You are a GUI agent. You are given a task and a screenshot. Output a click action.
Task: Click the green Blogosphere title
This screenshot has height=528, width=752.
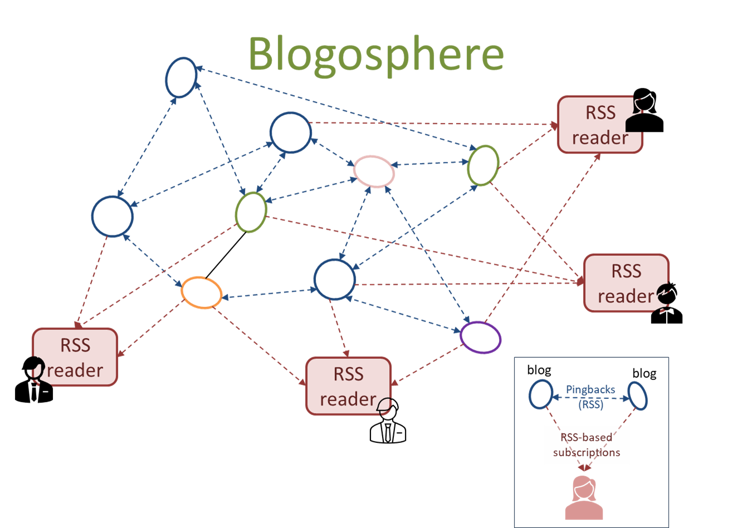click(x=376, y=55)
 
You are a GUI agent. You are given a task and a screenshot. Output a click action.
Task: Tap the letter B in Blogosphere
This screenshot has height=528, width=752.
click(x=263, y=55)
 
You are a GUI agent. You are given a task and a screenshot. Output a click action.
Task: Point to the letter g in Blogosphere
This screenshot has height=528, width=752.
click(x=323, y=58)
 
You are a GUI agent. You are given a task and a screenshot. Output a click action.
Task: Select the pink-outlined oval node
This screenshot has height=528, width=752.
click(x=374, y=171)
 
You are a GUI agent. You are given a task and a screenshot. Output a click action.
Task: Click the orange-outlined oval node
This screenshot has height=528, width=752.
click(x=202, y=293)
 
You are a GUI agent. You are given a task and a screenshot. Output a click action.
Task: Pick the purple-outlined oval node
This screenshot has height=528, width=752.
click(x=480, y=337)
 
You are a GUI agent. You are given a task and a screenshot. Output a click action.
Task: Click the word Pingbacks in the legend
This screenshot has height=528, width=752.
click(x=590, y=389)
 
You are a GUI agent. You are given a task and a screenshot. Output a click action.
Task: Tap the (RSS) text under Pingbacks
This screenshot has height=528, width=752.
click(x=590, y=404)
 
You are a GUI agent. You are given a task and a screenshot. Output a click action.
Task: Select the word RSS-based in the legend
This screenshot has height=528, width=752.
click(x=586, y=437)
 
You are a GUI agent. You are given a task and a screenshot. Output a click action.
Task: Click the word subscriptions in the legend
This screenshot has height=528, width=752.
click(x=587, y=452)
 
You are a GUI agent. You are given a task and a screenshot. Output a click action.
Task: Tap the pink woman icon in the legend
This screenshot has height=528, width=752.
click(x=584, y=498)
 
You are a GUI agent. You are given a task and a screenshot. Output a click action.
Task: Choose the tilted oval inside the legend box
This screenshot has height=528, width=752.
click(x=638, y=396)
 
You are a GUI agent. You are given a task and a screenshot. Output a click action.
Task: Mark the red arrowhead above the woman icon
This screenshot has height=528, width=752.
click(x=584, y=468)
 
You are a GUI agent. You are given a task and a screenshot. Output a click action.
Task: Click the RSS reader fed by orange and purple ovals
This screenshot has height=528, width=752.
click(x=348, y=386)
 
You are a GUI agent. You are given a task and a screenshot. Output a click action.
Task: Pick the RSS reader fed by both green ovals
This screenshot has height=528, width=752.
click(x=626, y=283)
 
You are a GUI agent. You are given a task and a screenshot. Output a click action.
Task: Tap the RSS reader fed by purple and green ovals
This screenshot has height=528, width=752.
click(x=600, y=125)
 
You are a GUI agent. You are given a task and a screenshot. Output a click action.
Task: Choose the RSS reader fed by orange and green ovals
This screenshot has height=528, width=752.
click(x=75, y=357)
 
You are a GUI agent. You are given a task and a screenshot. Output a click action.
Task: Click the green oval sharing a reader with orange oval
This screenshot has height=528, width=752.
click(x=251, y=212)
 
